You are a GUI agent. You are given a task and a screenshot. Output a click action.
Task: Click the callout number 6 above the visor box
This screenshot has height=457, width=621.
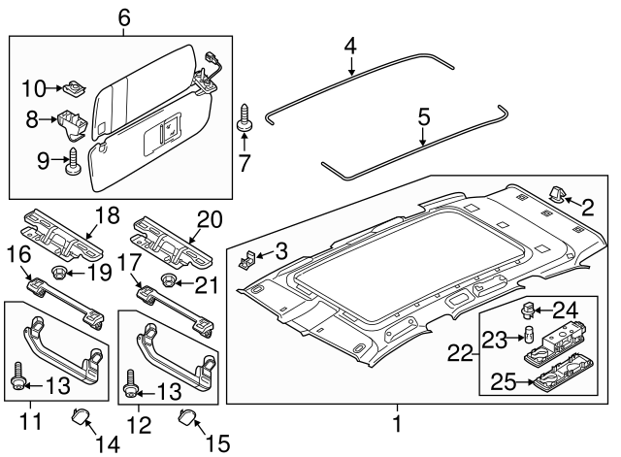pyautogui.click(x=123, y=16)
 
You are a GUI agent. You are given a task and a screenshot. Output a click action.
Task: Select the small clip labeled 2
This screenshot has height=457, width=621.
pyautogui.click(x=562, y=195)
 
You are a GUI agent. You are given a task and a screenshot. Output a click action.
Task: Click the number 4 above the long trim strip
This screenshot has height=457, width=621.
pyautogui.click(x=350, y=46)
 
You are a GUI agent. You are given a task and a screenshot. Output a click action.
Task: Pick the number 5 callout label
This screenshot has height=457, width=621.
pyautogui.click(x=423, y=117)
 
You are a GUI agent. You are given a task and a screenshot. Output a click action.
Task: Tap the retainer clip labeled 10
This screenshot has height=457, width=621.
pyautogui.click(x=73, y=90)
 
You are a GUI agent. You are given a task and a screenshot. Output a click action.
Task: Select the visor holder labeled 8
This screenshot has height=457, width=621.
pyautogui.click(x=71, y=121)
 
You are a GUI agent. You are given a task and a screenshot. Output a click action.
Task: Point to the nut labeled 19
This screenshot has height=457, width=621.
pyautogui.click(x=61, y=273)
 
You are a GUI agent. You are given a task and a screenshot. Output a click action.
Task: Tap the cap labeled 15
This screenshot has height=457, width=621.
pyautogui.click(x=187, y=419)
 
